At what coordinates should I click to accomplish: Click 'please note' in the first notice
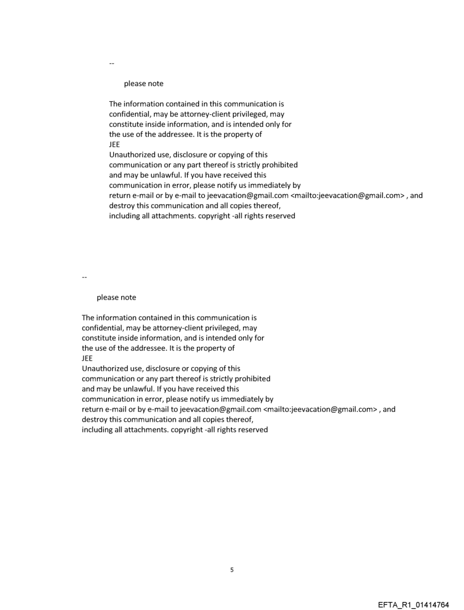coord(143,84)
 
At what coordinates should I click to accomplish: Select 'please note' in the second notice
coord(116,297)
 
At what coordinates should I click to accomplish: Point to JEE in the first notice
coord(114,144)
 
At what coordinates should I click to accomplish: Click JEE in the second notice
coord(87,358)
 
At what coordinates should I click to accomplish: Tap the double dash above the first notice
coord(111,63)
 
